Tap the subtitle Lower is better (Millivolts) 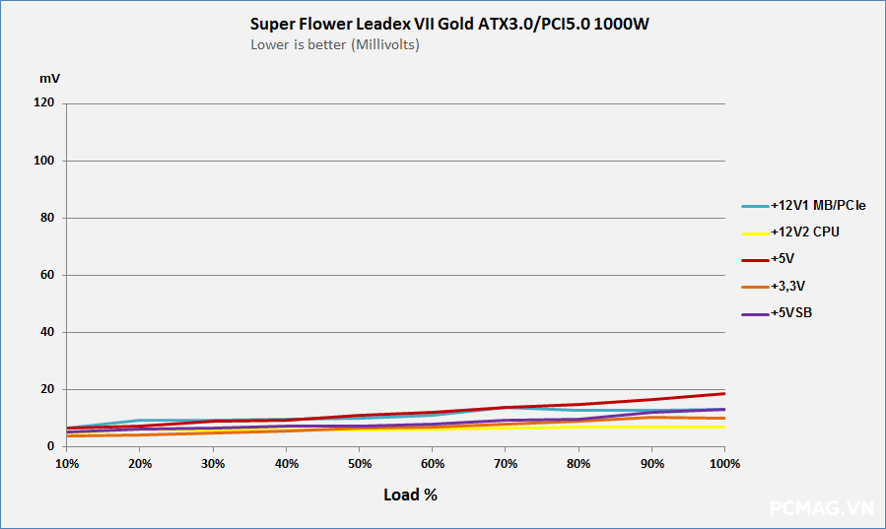click(335, 44)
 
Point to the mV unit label click(49, 77)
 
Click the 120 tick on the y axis click(44, 103)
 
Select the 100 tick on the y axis click(44, 161)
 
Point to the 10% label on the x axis click(67, 463)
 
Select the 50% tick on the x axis click(360, 463)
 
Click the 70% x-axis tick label click(506, 463)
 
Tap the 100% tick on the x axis click(724, 463)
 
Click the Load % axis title click(410, 495)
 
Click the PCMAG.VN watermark click(821, 508)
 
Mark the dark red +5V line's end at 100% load click(724, 393)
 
